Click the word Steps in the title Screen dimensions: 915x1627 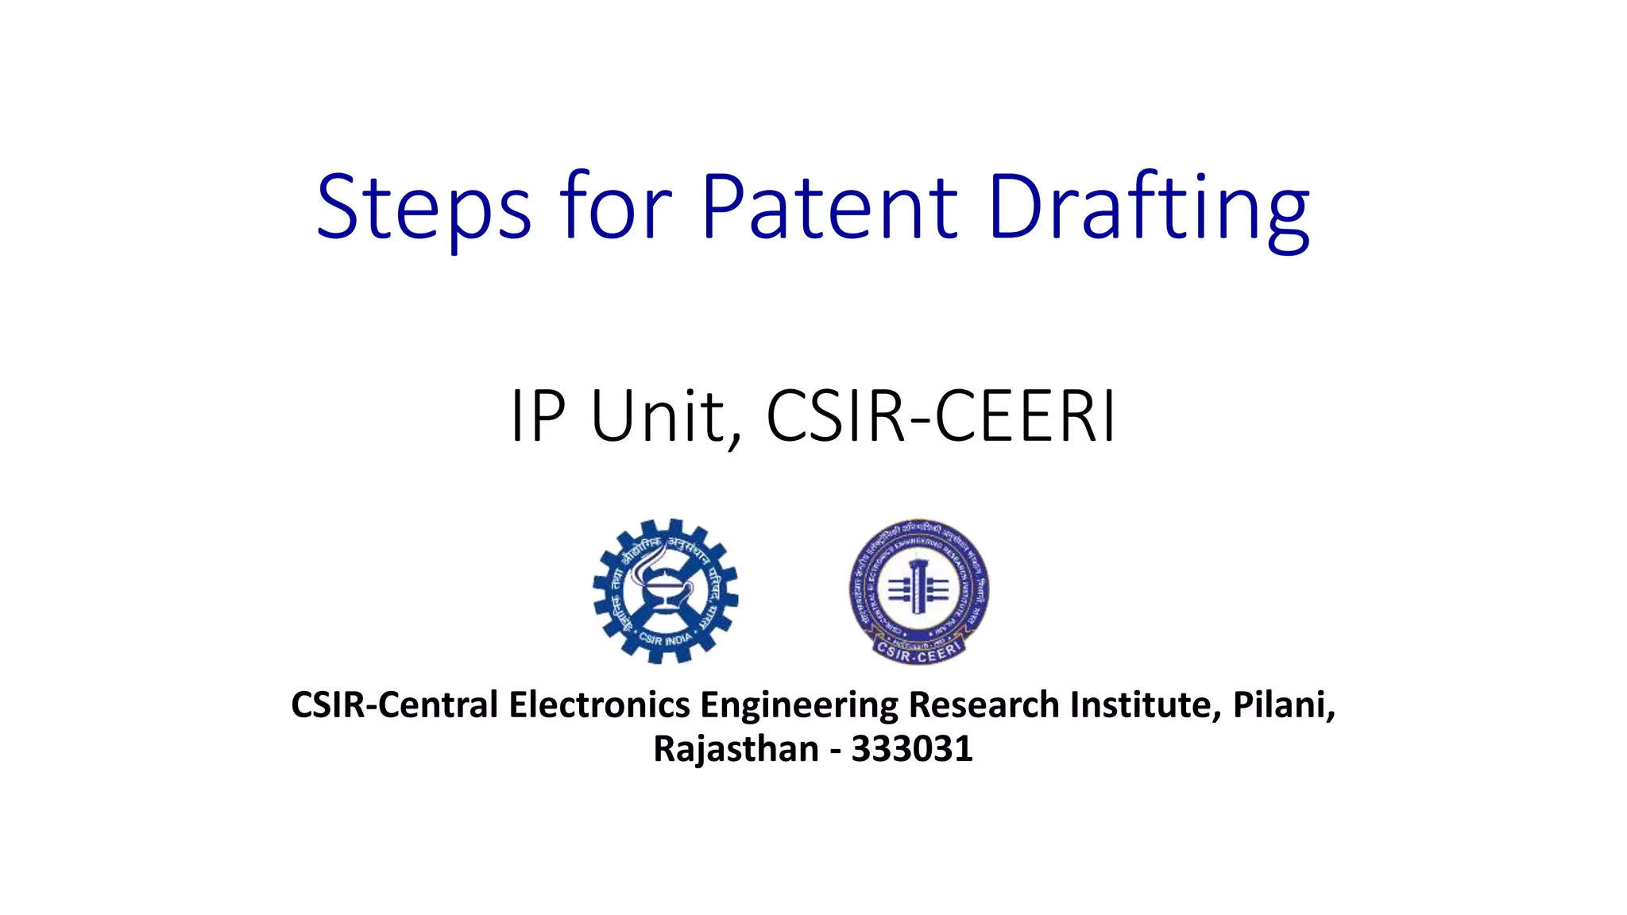[x=423, y=208]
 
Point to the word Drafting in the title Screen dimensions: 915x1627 [x=1149, y=208]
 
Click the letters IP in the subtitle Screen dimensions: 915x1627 [x=537, y=416]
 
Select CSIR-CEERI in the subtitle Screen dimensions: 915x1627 [x=941, y=416]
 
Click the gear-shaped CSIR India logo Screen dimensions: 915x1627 [x=665, y=591]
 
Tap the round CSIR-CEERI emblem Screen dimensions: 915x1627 [x=918, y=591]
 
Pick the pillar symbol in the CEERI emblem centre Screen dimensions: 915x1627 [x=918, y=587]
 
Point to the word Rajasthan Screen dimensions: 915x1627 [x=736, y=749]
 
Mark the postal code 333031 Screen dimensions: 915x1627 [x=912, y=749]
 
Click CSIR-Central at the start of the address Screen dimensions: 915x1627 [x=394, y=705]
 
